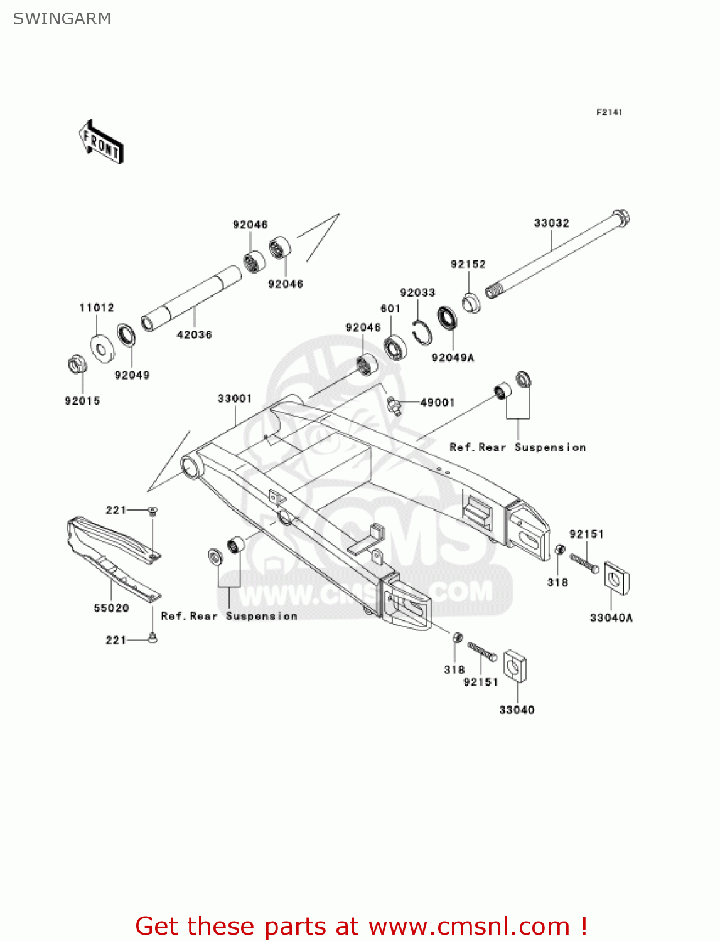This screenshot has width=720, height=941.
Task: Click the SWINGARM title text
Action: click(x=62, y=19)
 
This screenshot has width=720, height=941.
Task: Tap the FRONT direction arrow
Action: click(x=101, y=142)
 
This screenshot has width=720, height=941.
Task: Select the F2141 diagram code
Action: click(x=609, y=112)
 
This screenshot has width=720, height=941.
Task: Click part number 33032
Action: click(x=551, y=223)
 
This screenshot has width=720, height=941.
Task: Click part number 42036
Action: click(x=194, y=335)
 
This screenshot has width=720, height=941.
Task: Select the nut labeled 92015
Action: click(x=77, y=364)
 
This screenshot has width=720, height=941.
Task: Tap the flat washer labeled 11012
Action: click(x=102, y=348)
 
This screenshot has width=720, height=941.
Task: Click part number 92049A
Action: click(x=453, y=358)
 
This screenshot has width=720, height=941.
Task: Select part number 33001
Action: click(x=235, y=399)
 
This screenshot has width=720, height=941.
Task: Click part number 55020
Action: click(x=111, y=608)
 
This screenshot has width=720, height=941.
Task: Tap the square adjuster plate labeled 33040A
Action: click(x=616, y=579)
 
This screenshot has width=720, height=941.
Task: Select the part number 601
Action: click(x=390, y=309)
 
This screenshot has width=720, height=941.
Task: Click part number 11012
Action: click(x=97, y=308)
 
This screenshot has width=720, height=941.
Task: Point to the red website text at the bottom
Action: click(x=361, y=926)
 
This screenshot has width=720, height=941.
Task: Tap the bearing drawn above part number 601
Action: click(x=395, y=347)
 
